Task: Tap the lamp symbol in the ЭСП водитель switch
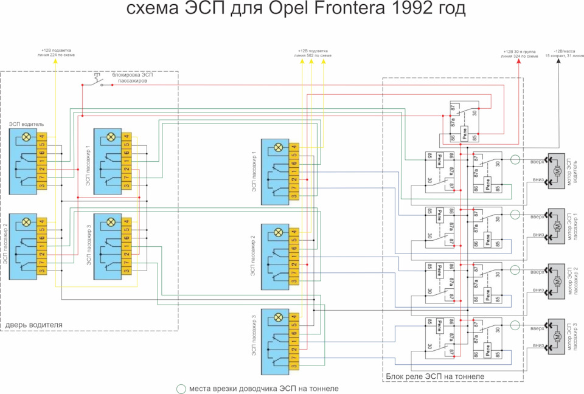tap(26, 137)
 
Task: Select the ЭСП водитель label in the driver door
tap(26, 124)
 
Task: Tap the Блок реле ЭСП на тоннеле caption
tap(435, 377)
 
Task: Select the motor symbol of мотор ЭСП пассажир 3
tap(557, 337)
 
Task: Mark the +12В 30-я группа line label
tap(520, 54)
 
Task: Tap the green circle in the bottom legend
tap(181, 389)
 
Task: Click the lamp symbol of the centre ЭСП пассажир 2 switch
tap(279, 232)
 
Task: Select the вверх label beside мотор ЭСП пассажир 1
tap(537, 217)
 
